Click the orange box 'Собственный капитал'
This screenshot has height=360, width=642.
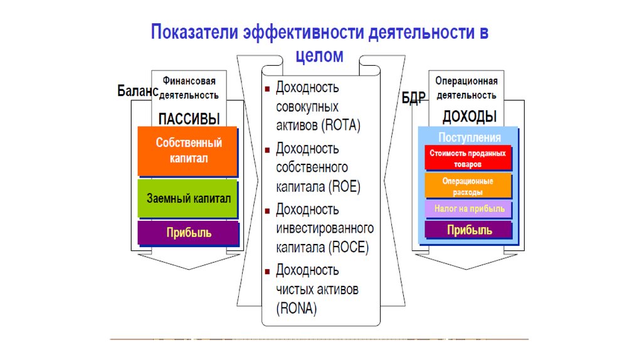[x=188, y=151]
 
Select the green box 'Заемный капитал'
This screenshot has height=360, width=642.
[x=188, y=198]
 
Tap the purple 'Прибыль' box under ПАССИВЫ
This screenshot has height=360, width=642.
[x=188, y=233]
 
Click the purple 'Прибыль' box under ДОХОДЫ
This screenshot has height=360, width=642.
[x=469, y=230]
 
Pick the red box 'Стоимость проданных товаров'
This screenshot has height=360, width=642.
[x=468, y=157]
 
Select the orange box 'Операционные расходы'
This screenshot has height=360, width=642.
[x=468, y=186]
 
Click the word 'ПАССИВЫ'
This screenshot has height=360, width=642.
[x=189, y=118]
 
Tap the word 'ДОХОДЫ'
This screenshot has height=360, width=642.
[x=470, y=116]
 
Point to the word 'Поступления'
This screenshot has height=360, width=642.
[x=470, y=137]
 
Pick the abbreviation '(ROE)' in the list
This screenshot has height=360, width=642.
[x=343, y=186]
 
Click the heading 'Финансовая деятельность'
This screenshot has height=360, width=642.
[x=189, y=88]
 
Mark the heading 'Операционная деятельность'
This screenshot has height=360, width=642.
[x=466, y=88]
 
